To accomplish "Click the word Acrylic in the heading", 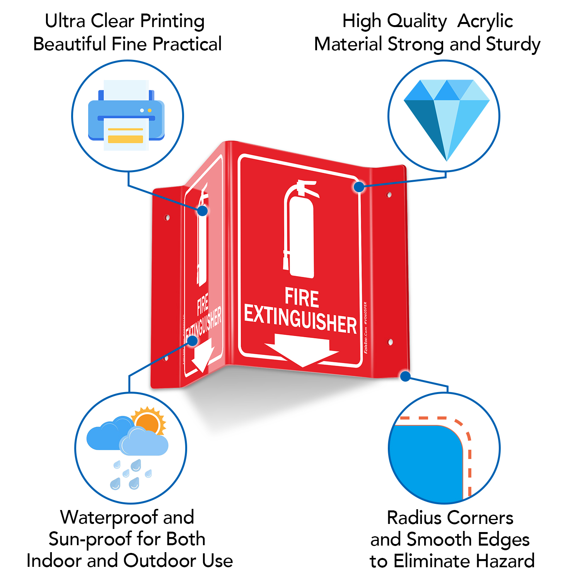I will [485, 21].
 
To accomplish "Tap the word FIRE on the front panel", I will [302, 298].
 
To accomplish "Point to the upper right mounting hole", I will [389, 195].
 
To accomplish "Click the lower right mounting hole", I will [390, 342].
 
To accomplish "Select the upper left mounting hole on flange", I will [167, 218].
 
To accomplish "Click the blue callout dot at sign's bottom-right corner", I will [405, 376].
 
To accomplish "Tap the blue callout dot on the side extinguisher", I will [202, 211].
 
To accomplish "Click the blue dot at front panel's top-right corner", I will [359, 187].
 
